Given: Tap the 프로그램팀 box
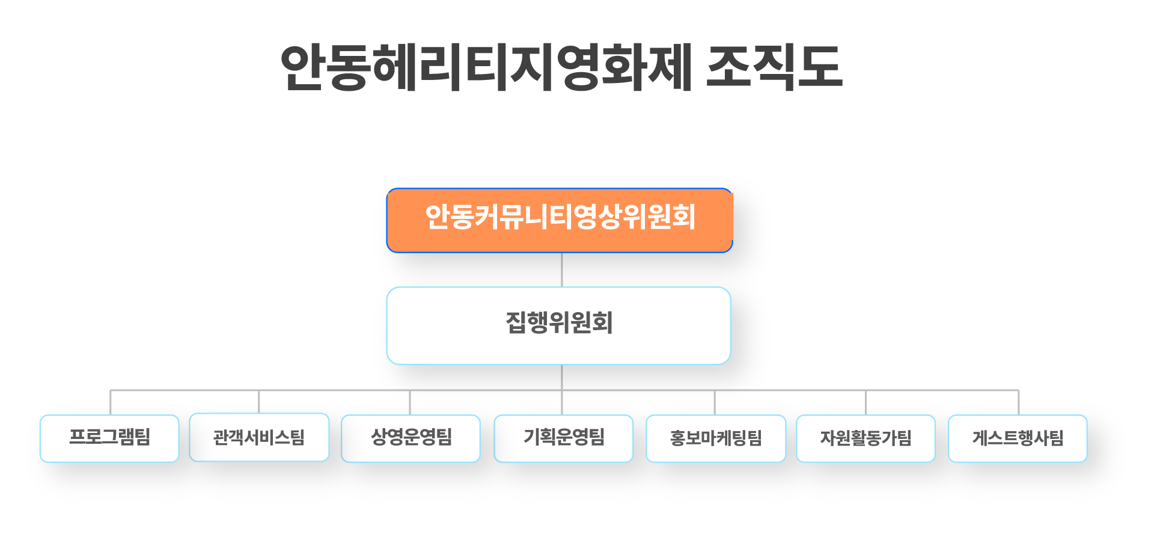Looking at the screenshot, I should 109,438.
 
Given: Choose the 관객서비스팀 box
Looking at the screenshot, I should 259,437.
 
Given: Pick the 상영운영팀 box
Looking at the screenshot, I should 411,438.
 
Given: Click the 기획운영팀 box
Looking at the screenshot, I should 563,438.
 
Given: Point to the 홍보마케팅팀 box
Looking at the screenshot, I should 716,438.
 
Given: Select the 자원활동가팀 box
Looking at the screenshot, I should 865,438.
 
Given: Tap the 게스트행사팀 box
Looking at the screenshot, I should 1018,438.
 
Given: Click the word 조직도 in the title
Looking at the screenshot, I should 774,67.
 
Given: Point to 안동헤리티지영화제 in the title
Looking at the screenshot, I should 487,67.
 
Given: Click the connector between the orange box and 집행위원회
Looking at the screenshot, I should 562,269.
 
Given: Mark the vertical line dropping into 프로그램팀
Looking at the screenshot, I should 111,403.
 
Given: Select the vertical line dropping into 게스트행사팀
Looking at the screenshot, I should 1019,403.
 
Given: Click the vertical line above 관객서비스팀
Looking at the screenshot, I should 259,402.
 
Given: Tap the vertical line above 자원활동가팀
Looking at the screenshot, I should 866,403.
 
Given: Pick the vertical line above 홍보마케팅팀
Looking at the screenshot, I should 715,403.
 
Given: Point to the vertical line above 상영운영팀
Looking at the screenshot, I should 410,403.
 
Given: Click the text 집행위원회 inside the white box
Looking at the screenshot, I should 559,323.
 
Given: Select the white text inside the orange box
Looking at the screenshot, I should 560,217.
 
